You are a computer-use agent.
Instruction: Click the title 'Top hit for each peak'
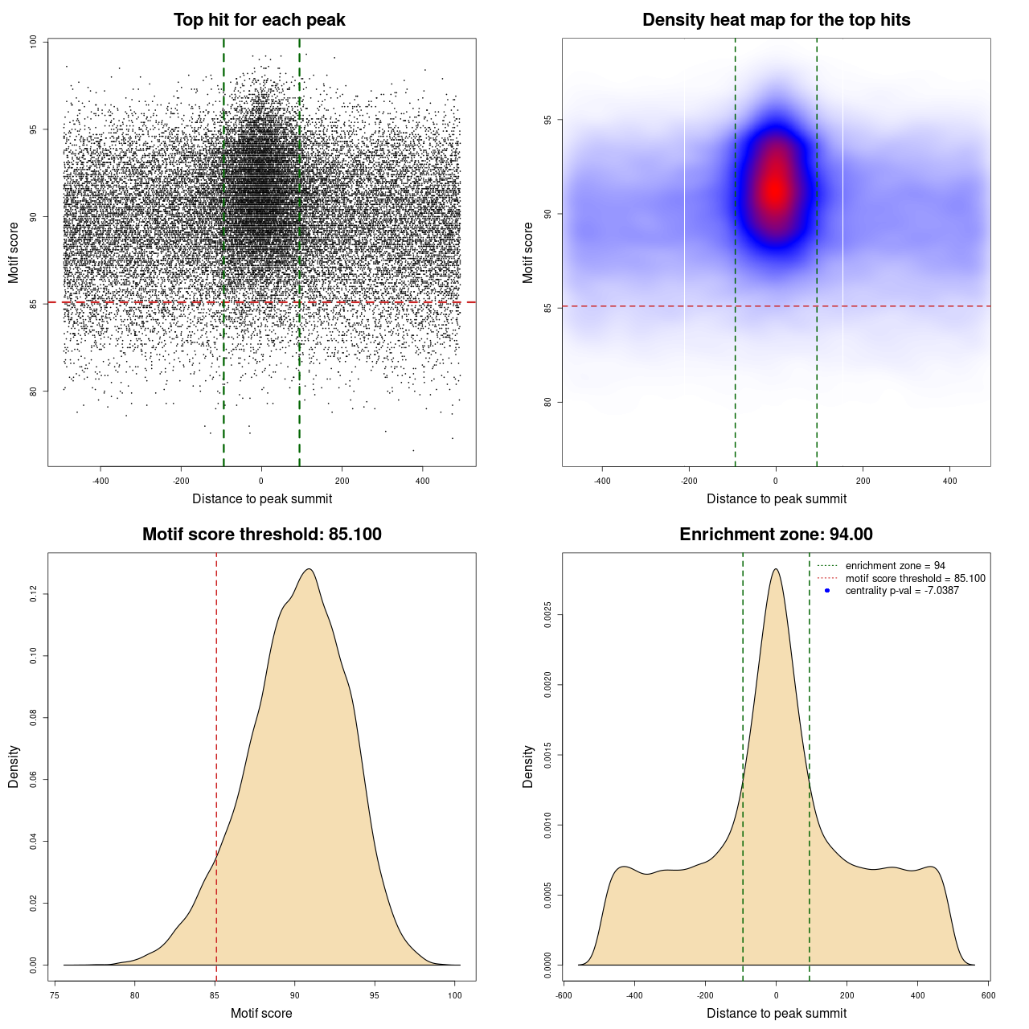coord(259,20)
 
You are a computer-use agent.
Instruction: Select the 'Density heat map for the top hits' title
coord(776,20)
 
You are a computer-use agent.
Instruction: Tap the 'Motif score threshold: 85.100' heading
coord(261,535)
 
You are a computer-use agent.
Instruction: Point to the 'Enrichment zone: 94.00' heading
coord(776,535)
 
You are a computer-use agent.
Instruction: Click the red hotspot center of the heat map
coord(774,190)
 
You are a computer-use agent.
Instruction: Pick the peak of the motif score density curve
coord(308,569)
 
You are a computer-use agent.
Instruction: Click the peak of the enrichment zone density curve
coord(776,569)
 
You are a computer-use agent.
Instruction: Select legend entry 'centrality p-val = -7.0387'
coord(902,591)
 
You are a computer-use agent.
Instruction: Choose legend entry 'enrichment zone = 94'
coord(895,566)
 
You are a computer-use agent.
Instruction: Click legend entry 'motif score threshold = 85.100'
coord(915,579)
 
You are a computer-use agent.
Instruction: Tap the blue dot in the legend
coord(827,591)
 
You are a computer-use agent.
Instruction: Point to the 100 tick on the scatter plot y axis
coord(33,42)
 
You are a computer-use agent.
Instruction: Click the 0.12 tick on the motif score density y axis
coord(33,594)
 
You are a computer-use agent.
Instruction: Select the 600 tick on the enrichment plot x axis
coord(988,995)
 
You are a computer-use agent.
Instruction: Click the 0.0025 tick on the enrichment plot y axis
coord(547,616)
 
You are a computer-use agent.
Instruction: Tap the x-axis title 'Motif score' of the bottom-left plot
coord(261,1013)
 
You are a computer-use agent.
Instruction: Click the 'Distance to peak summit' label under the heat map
coord(776,498)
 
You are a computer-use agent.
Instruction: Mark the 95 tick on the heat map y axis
coord(547,120)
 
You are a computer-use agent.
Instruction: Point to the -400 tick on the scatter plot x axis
coord(100,481)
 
